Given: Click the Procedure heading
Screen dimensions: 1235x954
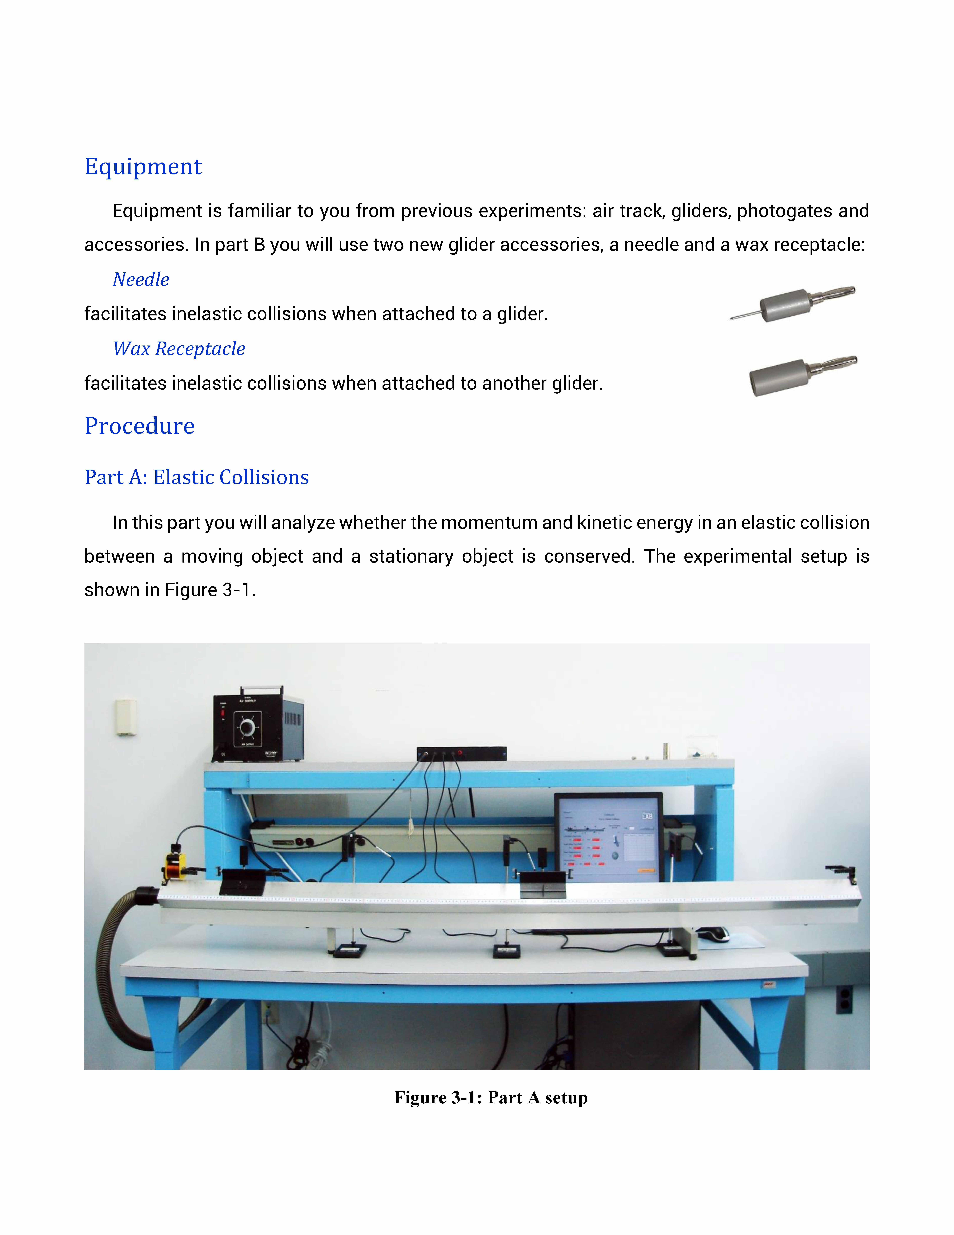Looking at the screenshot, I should click(140, 426).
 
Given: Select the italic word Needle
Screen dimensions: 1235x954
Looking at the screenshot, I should click(141, 279).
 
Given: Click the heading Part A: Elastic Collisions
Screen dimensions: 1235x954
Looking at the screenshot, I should click(197, 477).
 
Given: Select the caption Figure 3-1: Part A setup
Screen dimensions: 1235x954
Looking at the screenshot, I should click(491, 1098).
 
